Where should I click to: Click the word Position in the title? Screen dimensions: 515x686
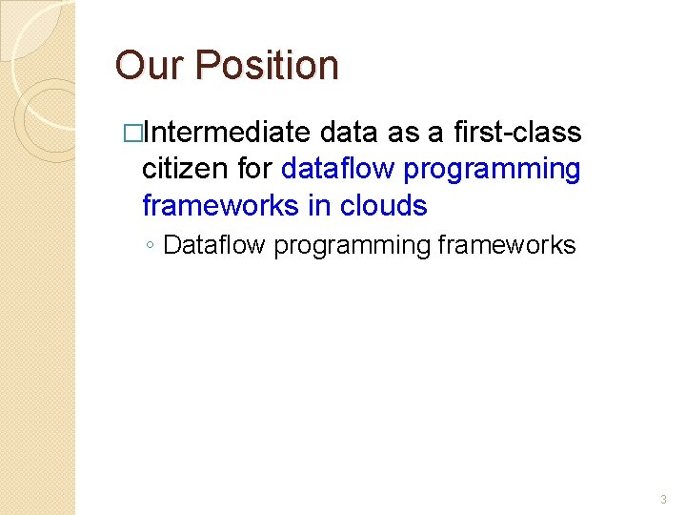[x=267, y=66]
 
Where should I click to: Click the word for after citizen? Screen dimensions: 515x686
[x=254, y=169]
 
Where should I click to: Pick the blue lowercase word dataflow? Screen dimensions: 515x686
[x=338, y=169]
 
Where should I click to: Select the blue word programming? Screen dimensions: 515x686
[x=492, y=170]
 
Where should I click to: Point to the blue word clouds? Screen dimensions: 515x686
[x=383, y=205]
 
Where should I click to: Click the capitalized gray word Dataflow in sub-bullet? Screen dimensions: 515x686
[x=215, y=245]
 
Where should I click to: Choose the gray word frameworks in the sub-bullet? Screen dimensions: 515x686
[x=507, y=245]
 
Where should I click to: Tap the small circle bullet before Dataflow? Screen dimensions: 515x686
[x=151, y=246]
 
